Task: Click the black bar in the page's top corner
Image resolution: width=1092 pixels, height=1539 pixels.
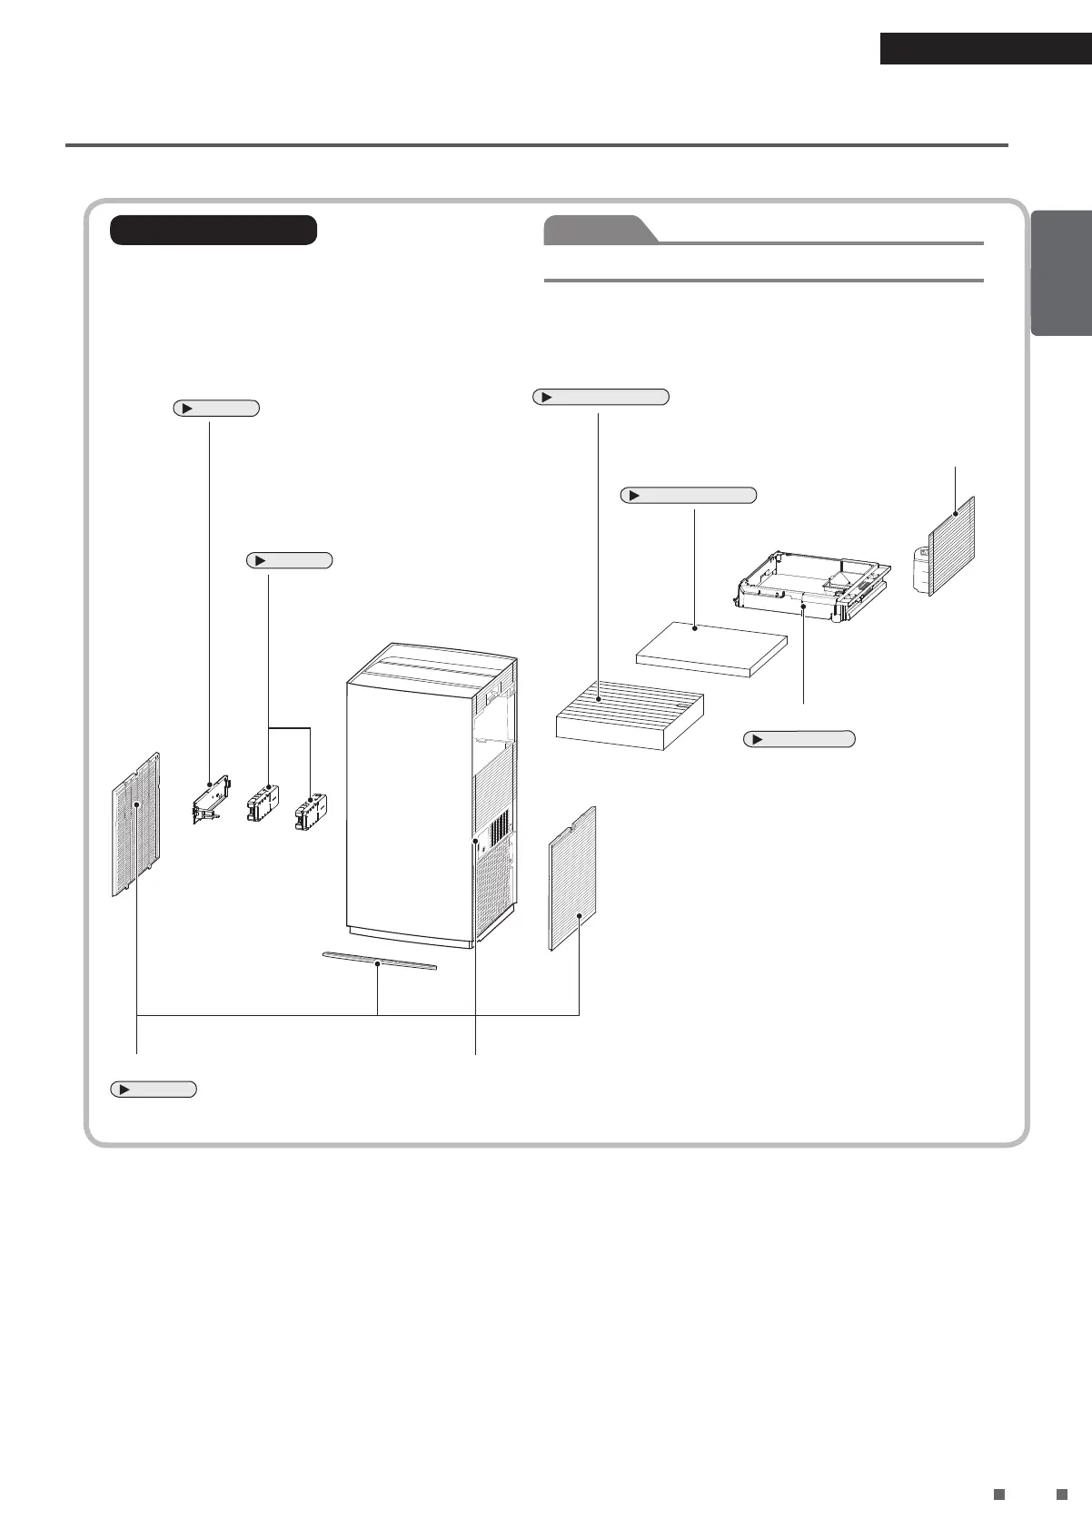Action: coord(985,49)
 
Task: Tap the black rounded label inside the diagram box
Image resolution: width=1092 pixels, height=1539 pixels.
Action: coord(213,230)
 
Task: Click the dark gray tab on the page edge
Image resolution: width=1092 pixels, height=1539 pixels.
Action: coord(1062,273)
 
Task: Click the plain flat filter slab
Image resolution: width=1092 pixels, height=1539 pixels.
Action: coord(710,648)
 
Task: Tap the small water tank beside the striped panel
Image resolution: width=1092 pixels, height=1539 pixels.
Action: coord(924,569)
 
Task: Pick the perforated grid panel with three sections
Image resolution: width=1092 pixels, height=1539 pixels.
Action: coord(135,824)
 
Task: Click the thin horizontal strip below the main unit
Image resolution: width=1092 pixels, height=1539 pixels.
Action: coord(380,962)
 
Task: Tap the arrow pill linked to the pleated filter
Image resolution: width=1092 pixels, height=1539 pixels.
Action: coord(601,397)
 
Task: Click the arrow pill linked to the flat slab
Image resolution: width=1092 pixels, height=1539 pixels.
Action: coord(689,495)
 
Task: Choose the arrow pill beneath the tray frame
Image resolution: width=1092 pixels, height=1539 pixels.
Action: coord(799,739)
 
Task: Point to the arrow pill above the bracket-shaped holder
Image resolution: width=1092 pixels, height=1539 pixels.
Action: coord(216,409)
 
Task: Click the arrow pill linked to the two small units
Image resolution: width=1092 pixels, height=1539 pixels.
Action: coord(290,560)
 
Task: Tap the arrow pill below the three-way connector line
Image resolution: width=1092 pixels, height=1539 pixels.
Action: coord(154,1090)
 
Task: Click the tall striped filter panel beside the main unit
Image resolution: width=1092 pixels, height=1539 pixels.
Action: coord(572,877)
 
